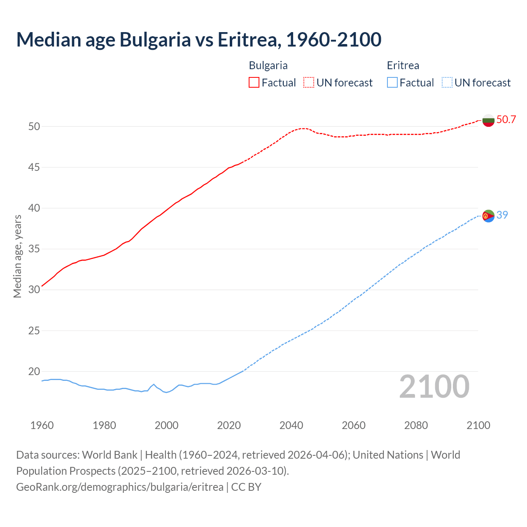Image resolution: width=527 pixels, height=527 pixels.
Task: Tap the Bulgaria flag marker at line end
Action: (x=488, y=120)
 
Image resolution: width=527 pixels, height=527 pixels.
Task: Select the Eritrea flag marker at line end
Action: (x=488, y=216)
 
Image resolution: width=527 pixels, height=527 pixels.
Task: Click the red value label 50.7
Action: (x=506, y=120)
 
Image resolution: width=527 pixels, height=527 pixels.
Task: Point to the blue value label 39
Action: (x=502, y=215)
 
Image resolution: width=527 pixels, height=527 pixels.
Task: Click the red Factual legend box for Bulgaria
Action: (x=254, y=83)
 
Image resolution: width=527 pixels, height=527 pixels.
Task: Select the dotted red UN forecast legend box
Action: (x=309, y=83)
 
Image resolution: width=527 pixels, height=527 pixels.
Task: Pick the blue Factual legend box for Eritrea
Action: (x=392, y=83)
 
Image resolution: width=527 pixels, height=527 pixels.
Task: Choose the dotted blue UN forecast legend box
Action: (x=447, y=83)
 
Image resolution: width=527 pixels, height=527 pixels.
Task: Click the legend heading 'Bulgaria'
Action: (x=268, y=65)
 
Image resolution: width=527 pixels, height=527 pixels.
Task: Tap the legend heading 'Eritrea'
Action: (x=403, y=65)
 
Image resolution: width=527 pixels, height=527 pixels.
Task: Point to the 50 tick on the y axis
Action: (x=34, y=126)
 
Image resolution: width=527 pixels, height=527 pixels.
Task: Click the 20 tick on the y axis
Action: (x=34, y=371)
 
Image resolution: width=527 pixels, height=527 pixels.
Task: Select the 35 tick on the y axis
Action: (x=34, y=249)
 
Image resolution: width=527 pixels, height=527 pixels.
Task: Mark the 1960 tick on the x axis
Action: (x=42, y=425)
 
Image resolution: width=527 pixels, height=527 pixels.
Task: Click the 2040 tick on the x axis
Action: (x=291, y=425)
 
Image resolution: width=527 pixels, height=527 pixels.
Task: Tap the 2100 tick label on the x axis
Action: (x=478, y=425)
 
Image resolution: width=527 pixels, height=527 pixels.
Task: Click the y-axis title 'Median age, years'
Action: (x=17, y=256)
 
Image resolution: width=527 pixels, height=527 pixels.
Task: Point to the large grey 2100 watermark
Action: (x=434, y=387)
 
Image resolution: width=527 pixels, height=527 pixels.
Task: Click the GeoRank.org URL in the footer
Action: (x=120, y=487)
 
